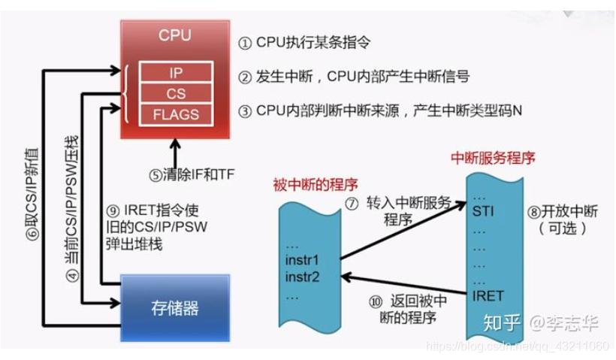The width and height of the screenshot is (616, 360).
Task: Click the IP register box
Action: click(174, 72)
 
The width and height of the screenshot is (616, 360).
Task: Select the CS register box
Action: click(174, 93)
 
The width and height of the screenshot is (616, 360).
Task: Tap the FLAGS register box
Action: click(174, 114)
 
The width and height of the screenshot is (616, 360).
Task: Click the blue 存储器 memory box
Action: click(175, 307)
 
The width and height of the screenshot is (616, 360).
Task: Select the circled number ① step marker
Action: click(245, 43)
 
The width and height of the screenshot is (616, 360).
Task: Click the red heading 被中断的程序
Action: click(315, 184)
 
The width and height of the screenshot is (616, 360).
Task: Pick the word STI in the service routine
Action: click(485, 213)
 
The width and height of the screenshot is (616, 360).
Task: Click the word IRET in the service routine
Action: click(488, 295)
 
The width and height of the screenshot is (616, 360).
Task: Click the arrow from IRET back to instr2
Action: click(406, 279)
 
